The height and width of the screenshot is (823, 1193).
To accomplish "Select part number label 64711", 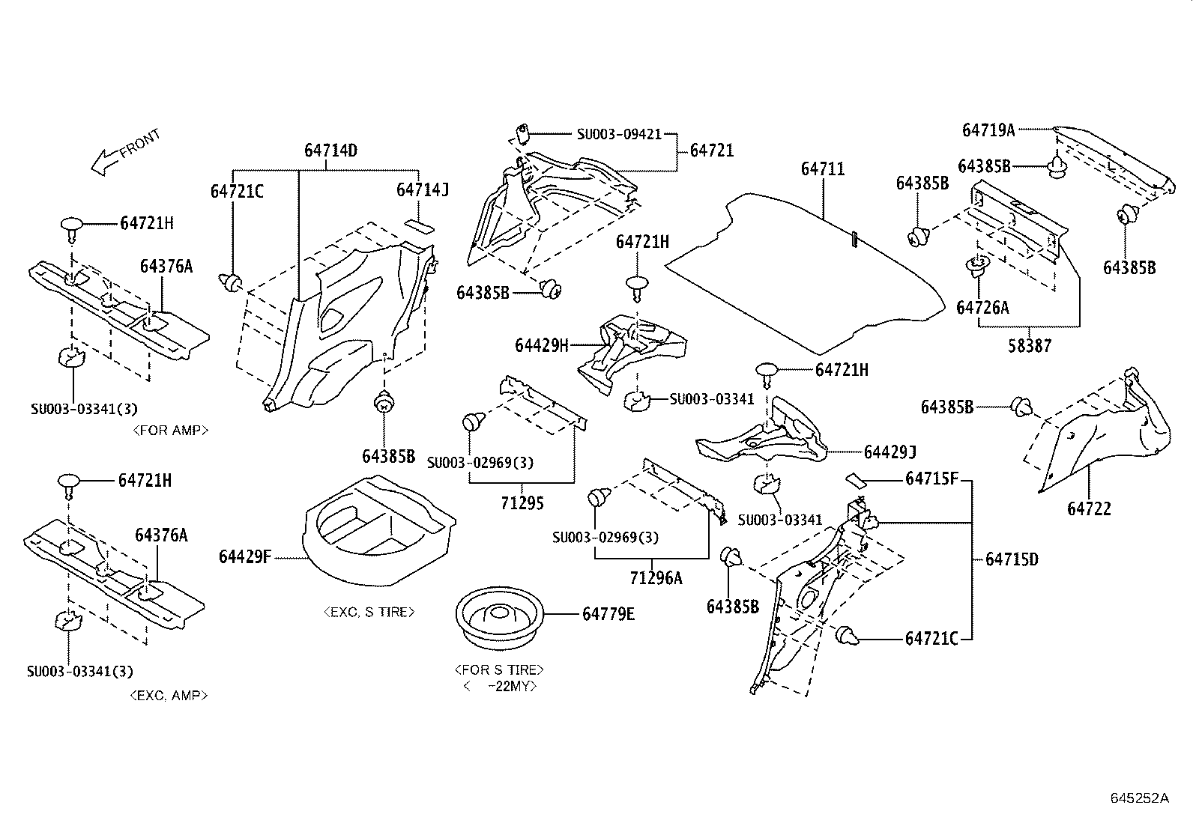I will (822, 169).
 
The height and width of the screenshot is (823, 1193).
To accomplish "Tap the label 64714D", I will (330, 151).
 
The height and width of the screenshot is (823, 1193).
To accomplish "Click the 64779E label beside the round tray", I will (608, 614).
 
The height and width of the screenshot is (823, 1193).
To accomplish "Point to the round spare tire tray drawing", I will (499, 616).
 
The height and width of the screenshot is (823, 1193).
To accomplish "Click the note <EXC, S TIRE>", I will (369, 612).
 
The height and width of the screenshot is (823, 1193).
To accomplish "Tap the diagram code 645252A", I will (1139, 798).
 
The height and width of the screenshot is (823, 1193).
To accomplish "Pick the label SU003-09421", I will (619, 135).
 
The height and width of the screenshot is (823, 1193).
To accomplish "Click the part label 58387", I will (1030, 346).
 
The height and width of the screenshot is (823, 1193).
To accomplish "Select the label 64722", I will (1089, 509).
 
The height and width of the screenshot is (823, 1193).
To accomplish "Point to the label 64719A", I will (988, 130).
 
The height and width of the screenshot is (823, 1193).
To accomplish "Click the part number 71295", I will (522, 503).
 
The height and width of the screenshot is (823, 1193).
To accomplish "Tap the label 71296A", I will (656, 578).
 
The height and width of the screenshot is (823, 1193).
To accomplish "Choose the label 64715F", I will (931, 479).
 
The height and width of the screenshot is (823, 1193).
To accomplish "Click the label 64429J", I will (890, 452).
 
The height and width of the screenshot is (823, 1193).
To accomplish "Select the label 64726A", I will (982, 308).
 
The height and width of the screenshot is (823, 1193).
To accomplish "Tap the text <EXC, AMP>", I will (169, 695).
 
